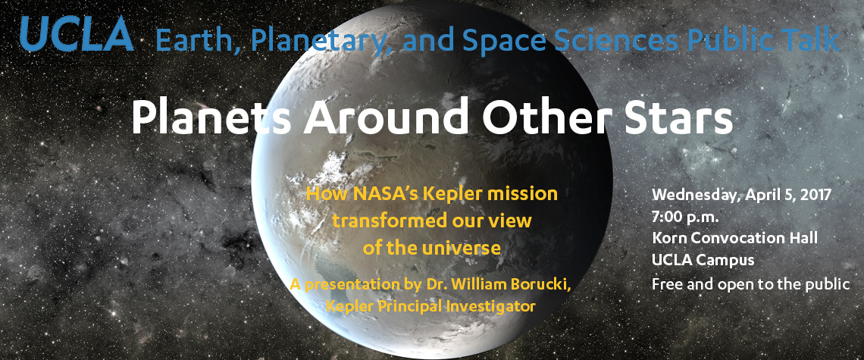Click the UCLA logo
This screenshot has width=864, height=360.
(77, 33)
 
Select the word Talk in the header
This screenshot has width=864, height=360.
(812, 39)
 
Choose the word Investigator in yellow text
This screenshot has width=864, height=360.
(498, 306)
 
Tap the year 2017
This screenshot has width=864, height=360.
(815, 195)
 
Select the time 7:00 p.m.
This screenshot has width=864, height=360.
(685, 217)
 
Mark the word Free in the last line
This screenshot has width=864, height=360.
(665, 284)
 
